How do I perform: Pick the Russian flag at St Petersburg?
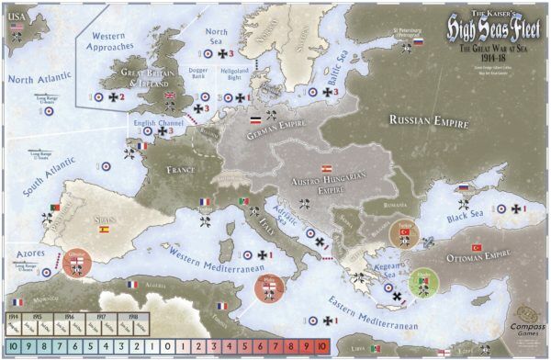419,41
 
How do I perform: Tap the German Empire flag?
254,120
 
